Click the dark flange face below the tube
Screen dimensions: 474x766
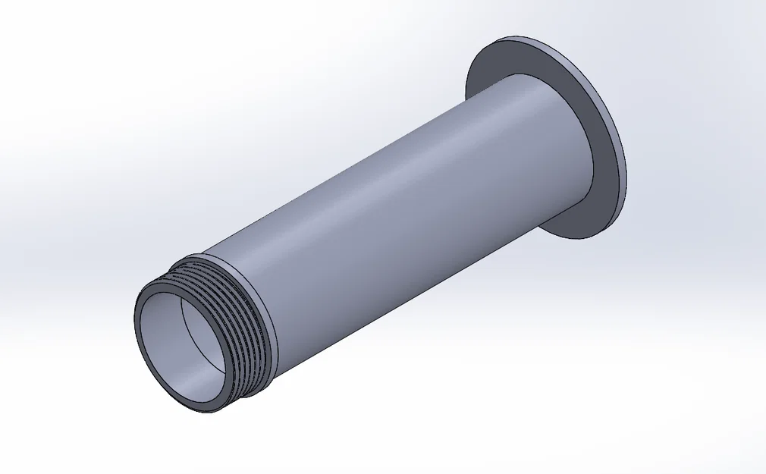[x=576, y=216]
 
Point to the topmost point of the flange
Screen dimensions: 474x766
[x=516, y=36]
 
